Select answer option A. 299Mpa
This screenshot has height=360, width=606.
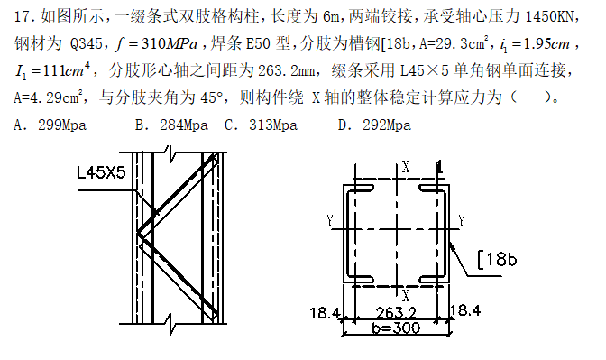tap(50, 125)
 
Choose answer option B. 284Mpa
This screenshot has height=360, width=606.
tap(171, 125)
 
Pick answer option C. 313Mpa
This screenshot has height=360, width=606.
tap(261, 125)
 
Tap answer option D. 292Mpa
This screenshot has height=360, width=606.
tap(374, 125)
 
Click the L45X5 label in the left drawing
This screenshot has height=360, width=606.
tap(101, 172)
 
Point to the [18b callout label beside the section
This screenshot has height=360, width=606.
tap(497, 260)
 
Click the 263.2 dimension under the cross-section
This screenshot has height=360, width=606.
tap(396, 312)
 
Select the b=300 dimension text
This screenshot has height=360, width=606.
tap(396, 328)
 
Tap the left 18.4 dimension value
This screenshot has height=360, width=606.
tap(325, 312)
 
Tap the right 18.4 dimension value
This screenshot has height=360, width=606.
tap(465, 310)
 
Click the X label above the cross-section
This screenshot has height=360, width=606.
tap(406, 167)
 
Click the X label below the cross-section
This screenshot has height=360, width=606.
tap(406, 296)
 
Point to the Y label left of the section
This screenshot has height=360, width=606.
tap(330, 220)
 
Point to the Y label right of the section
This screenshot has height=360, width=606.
tap(462, 220)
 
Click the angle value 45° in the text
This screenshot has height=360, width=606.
tap(212, 97)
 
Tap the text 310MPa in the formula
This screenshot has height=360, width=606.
tap(170, 44)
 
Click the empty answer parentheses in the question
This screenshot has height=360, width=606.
tap(530, 97)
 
